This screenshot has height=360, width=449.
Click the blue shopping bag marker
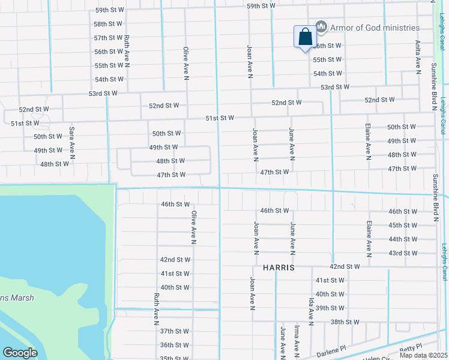point(305,37)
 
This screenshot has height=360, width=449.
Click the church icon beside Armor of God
point(321,27)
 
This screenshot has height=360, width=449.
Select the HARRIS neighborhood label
point(279,268)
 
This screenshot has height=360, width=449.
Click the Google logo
point(20,352)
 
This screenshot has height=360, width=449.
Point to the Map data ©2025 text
point(424,355)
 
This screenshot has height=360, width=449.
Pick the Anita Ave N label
point(418,58)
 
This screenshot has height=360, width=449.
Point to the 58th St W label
point(108,24)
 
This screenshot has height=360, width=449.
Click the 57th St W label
point(108,38)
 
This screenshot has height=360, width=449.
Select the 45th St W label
point(402,225)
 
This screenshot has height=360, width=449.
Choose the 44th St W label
point(402,239)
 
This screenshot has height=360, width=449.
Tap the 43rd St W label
point(402,253)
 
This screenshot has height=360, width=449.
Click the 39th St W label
point(330,308)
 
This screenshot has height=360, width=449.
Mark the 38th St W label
point(345,322)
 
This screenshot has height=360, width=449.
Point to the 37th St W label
point(175,331)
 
